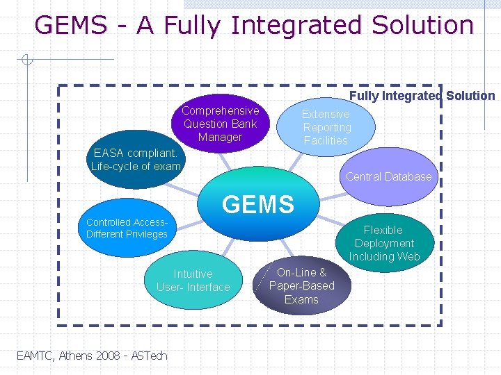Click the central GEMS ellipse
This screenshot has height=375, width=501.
click(x=257, y=203)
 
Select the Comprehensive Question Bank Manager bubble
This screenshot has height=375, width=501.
click(x=220, y=123)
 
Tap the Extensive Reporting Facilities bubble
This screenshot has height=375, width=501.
click(x=326, y=127)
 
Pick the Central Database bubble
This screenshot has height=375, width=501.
click(x=388, y=176)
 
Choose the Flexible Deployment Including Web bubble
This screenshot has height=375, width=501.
click(x=384, y=243)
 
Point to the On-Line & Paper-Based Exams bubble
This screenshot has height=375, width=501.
click(x=301, y=285)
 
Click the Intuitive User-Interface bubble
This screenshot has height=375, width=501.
click(x=193, y=281)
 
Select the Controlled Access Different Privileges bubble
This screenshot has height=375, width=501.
click(x=127, y=228)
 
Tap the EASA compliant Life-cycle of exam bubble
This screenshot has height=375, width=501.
click(x=135, y=159)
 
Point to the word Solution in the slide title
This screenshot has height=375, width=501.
click(x=422, y=26)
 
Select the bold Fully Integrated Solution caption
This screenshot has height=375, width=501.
click(x=422, y=96)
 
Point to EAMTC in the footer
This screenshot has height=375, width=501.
click(x=33, y=356)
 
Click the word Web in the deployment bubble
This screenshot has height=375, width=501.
click(x=408, y=257)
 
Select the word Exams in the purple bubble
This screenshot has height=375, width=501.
click(x=301, y=299)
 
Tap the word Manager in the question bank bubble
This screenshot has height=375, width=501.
click(x=220, y=137)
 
